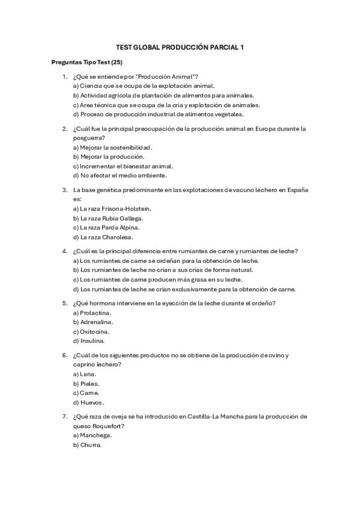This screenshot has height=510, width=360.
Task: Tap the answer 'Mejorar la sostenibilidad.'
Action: pos(112,147)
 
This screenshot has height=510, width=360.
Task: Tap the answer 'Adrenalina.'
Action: pos(93,322)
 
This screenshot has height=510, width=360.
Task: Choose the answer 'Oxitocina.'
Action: pos(91,331)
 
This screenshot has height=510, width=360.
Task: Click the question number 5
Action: pos(64,303)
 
